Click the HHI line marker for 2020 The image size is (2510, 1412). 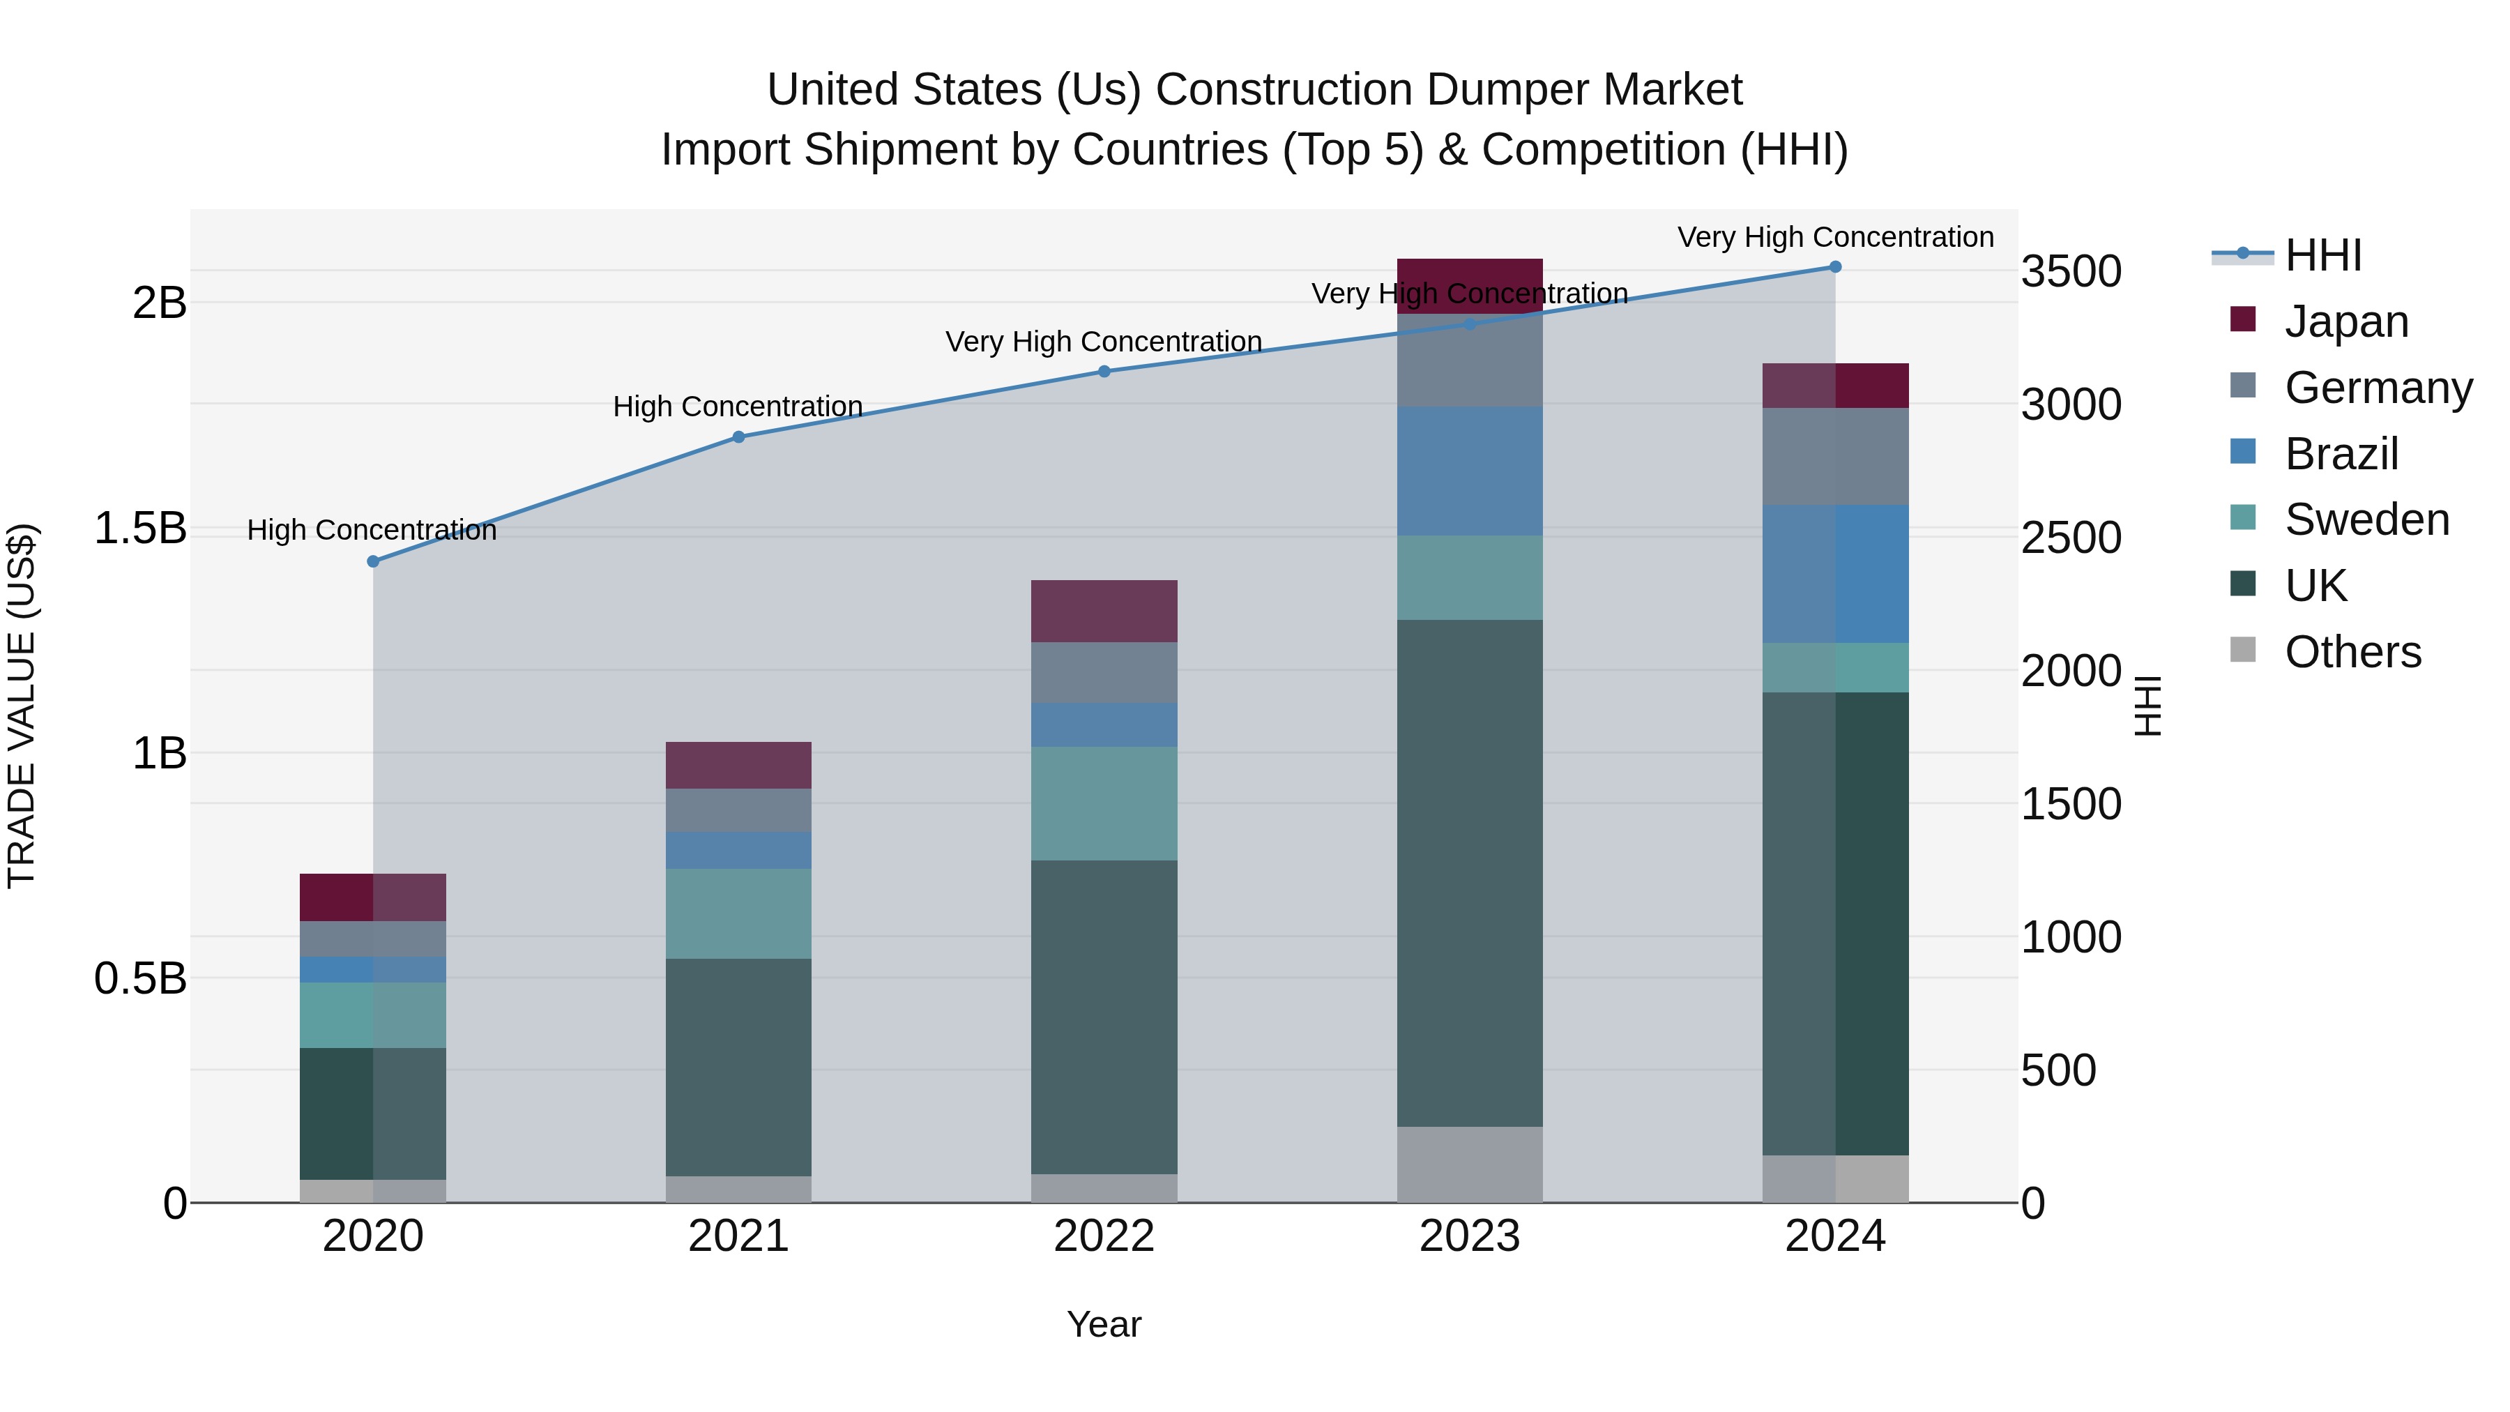click(372, 561)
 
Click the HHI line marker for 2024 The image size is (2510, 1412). click(1835, 267)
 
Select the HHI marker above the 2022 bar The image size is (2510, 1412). click(1104, 371)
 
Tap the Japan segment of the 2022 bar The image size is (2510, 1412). click(1104, 611)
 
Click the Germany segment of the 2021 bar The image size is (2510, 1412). click(738, 810)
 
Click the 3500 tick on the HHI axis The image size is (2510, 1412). click(2071, 271)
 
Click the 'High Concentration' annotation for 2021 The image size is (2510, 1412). click(738, 407)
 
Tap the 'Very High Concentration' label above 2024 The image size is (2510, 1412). click(1835, 237)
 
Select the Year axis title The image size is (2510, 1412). click(1104, 1324)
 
